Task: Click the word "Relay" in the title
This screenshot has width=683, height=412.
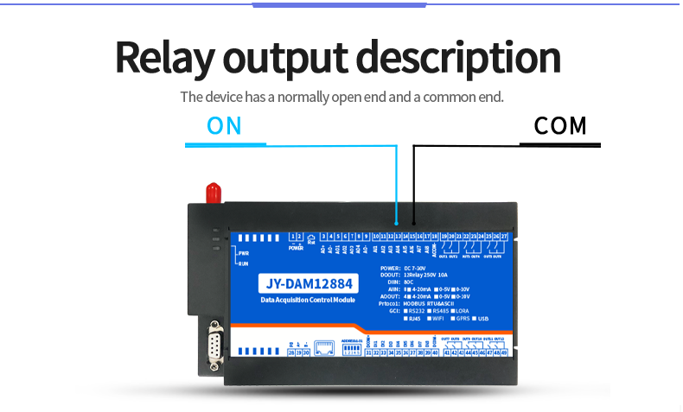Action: click(x=163, y=58)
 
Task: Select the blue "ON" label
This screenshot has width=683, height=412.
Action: click(x=224, y=126)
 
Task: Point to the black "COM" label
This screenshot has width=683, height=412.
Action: click(x=560, y=126)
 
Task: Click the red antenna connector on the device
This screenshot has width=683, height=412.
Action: click(x=211, y=192)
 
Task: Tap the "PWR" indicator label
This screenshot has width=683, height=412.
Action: click(x=244, y=253)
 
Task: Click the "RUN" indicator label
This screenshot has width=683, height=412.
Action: click(x=244, y=264)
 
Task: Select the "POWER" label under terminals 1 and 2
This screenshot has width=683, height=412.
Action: click(x=296, y=248)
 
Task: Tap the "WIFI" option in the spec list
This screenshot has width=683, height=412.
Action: click(x=450, y=319)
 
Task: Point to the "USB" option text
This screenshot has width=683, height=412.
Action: click(x=495, y=319)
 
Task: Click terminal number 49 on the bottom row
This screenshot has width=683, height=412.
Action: click(x=504, y=352)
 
